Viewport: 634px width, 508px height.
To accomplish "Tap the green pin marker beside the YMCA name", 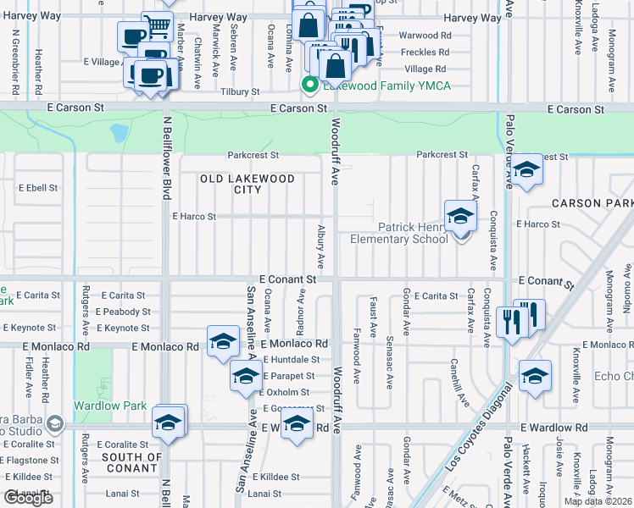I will pyautogui.click(x=310, y=85).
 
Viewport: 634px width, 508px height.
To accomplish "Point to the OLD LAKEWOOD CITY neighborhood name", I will pyautogui.click(x=247, y=184).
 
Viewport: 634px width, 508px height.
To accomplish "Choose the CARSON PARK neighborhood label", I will pyautogui.click(x=592, y=204).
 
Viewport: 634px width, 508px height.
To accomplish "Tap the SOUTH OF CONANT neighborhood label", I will pyautogui.click(x=131, y=462).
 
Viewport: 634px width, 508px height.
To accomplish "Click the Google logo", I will pyautogui.click(x=28, y=498).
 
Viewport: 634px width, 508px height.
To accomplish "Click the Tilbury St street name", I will pyautogui.click(x=238, y=92).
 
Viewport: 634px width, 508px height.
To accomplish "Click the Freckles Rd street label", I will pyautogui.click(x=423, y=52).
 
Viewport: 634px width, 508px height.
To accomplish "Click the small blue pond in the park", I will pyautogui.click(x=120, y=133).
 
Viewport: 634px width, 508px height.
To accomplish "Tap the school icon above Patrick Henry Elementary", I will pyautogui.click(x=460, y=215).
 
